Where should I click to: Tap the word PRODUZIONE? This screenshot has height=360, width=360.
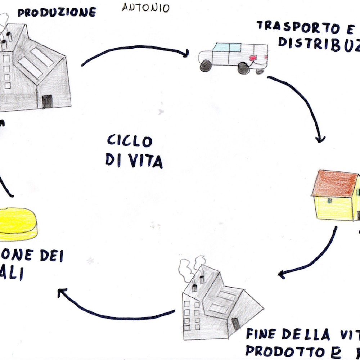click(57, 13)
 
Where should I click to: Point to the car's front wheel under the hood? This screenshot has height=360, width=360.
click(206, 66)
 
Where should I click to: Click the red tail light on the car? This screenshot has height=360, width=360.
click(253, 58)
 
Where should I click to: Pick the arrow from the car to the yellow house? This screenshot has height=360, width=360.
click(302, 104)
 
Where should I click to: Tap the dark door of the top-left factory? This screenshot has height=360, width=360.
click(47, 102)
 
